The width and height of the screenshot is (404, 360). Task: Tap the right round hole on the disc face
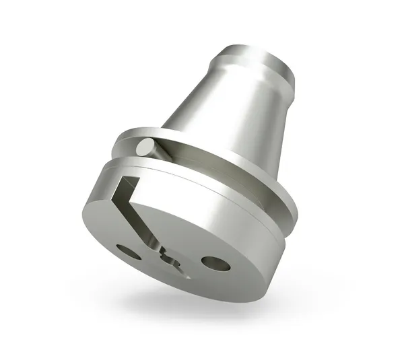pos(215,263)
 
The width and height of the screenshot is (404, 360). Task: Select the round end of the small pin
pos(144,146)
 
